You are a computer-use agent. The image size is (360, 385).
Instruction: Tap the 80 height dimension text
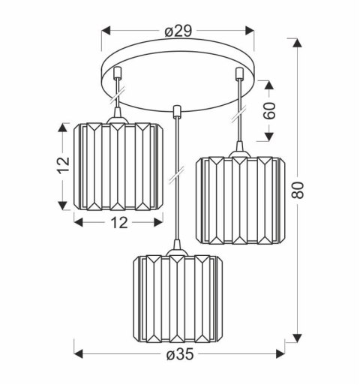298,192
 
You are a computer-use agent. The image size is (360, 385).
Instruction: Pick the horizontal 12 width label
118,222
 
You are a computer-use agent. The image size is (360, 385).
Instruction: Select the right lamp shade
239,200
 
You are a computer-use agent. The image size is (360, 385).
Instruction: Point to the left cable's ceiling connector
118,75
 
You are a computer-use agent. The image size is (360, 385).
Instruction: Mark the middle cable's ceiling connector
176,113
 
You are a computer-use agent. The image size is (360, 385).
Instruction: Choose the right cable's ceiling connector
239,74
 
